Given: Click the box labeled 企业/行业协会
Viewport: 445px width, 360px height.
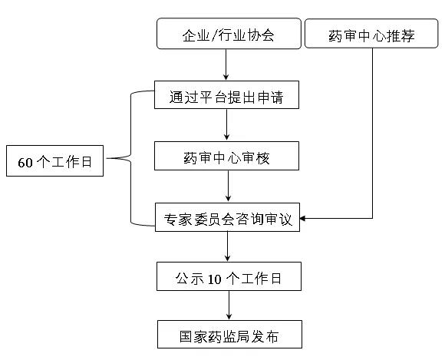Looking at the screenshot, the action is click(x=229, y=34).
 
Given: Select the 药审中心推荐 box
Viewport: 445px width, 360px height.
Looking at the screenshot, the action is click(x=371, y=34).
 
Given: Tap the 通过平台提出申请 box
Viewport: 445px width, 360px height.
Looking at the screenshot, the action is click(x=226, y=95).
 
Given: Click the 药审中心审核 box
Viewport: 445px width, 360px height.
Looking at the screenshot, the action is click(x=226, y=156).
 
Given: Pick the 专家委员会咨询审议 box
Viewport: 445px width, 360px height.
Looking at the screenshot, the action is click(x=227, y=217).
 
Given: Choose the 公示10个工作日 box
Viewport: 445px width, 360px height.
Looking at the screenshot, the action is click(x=229, y=276).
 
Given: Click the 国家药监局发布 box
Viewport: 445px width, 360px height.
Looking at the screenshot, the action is click(x=229, y=335).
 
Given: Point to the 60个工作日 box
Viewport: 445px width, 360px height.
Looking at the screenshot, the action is click(x=54, y=160).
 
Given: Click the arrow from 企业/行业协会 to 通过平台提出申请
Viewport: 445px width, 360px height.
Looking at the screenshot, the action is click(x=226, y=64).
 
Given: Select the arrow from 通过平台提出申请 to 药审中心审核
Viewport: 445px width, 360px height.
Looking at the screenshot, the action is click(x=226, y=125).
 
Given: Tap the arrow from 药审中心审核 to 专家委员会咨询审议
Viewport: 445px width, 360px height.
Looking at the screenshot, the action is click(x=228, y=187).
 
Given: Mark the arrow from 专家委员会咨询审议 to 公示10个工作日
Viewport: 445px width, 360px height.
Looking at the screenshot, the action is click(x=227, y=246).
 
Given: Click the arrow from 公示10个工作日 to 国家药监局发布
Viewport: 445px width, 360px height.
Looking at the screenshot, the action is click(x=229, y=306).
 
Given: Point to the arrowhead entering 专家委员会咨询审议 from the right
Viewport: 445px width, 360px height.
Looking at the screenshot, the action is click(x=302, y=218).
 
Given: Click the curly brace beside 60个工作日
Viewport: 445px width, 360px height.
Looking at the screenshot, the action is click(x=131, y=158).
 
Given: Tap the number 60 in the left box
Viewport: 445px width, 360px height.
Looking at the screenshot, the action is click(x=25, y=163).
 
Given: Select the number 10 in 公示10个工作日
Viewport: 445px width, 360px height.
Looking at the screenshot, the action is click(x=214, y=279).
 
